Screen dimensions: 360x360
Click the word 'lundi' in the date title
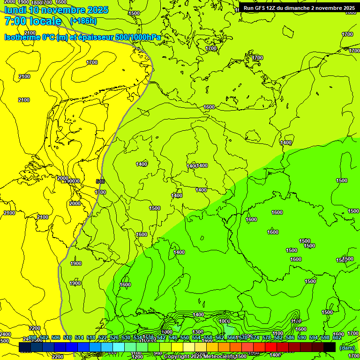click(15, 10)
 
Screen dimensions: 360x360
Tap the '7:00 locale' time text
click(33, 21)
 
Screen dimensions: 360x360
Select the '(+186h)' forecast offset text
click(83, 21)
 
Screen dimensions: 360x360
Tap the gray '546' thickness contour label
click(100, 181)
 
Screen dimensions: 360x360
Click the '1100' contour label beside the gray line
click(100, 192)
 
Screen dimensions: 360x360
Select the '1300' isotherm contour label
click(198, 332)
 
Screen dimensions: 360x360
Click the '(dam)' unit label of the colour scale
click(347, 348)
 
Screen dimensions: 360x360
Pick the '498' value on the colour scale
click(32, 337)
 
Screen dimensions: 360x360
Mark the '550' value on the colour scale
click(185, 337)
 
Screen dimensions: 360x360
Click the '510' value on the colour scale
click(67, 337)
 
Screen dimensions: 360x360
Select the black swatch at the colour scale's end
click(330, 347)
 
